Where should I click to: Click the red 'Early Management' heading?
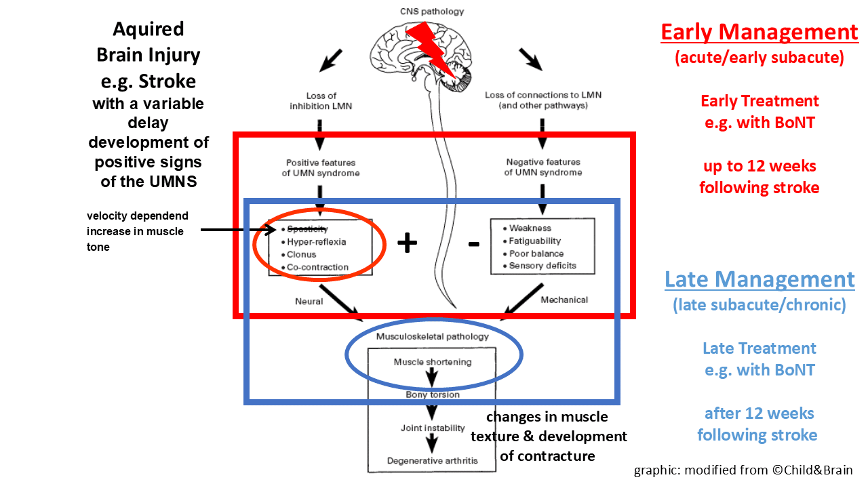click(759, 32)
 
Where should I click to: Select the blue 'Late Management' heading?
click(759, 279)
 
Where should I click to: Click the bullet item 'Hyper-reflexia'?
click(317, 242)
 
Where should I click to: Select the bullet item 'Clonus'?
click(302, 255)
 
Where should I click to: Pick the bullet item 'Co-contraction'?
click(317, 267)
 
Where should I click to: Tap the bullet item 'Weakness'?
click(530, 228)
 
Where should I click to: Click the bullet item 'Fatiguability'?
click(535, 241)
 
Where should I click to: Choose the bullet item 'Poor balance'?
click(536, 253)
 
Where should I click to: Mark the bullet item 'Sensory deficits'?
click(542, 266)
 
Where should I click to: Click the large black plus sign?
click(406, 243)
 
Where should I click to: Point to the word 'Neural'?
click(309, 301)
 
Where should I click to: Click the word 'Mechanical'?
click(564, 300)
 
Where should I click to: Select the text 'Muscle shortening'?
click(433, 362)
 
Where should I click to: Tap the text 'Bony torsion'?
click(433, 394)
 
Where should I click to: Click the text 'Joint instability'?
click(433, 428)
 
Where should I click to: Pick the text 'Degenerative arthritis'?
click(433, 461)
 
